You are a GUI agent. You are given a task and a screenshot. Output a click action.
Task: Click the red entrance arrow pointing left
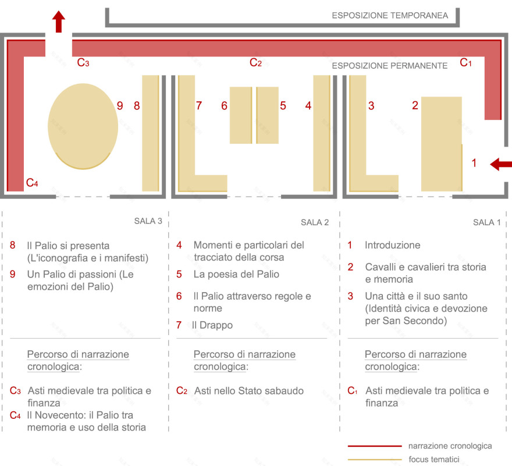[501, 164]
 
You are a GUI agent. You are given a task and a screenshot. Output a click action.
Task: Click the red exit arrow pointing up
[59, 22]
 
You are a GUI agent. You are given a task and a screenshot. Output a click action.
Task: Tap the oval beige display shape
[83, 126]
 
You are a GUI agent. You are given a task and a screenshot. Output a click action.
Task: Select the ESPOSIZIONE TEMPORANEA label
[390, 15]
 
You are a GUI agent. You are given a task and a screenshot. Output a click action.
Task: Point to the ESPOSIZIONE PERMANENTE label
[390, 66]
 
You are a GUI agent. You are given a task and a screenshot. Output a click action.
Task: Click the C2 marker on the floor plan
[255, 62]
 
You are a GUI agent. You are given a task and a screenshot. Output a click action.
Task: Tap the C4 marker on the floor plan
[32, 183]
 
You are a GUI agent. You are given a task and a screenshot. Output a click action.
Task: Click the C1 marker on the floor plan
[465, 62]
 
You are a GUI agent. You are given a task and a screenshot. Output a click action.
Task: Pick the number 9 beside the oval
[120, 105]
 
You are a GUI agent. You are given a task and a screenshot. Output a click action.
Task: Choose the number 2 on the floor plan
[415, 105]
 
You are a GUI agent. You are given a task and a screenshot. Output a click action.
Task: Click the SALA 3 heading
[148, 221]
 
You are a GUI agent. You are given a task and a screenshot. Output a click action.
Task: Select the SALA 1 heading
[487, 222]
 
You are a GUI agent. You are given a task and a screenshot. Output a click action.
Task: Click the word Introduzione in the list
[393, 245]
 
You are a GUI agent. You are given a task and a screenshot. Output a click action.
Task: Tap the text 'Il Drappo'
[212, 325]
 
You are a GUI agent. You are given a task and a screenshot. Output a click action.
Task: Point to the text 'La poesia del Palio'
[236, 274]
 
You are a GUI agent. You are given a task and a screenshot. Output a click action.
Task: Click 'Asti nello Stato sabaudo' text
[249, 391]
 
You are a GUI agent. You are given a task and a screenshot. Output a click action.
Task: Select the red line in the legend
[375, 446]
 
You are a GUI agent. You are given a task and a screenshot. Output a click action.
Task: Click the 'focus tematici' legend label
[434, 459]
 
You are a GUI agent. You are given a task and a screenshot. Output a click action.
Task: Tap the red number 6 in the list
[179, 296]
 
